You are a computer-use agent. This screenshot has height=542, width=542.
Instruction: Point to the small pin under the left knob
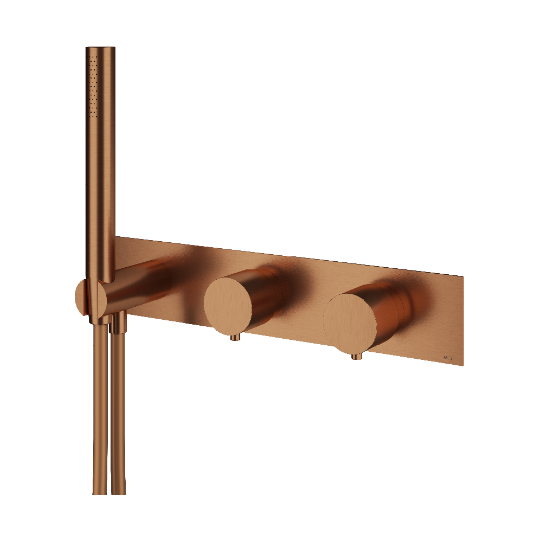(235, 338)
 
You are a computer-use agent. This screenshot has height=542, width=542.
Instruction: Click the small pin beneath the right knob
(355, 357)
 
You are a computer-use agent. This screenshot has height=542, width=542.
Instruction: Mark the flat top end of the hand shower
(100, 49)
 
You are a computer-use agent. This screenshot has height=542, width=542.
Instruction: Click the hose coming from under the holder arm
(118, 412)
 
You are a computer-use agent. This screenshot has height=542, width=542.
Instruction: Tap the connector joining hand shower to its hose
(100, 317)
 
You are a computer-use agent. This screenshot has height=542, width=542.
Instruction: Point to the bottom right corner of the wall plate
(462, 365)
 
